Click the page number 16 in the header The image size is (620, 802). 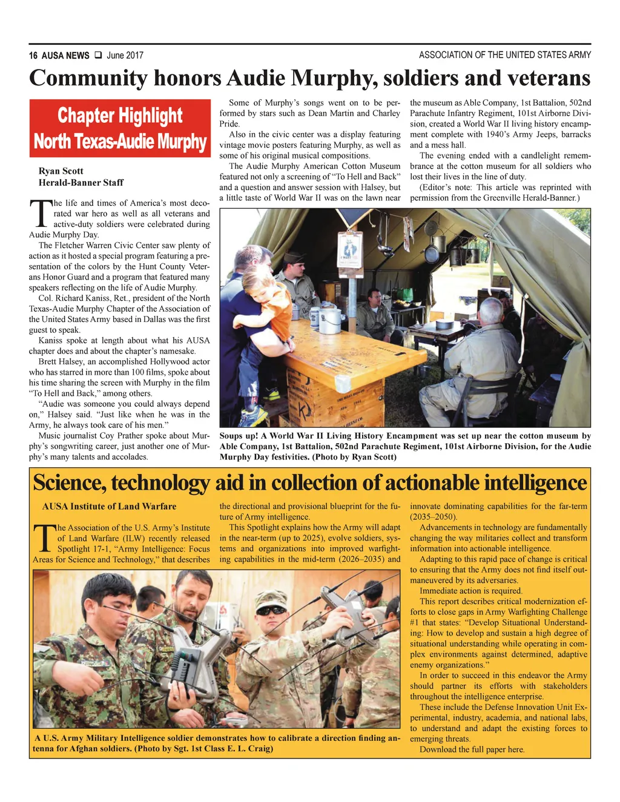pos(33,56)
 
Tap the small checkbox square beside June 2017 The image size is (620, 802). pos(97,56)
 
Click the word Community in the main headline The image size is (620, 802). pos(88,79)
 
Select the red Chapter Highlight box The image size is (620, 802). pos(120,128)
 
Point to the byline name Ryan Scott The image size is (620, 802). pos(61,171)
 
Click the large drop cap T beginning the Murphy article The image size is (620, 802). pos(39,214)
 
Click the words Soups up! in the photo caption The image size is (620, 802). pos(239,436)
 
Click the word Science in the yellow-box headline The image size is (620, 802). pos(68,483)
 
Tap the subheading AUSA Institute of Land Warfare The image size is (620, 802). pos(109,507)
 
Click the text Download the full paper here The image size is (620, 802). pos(472,749)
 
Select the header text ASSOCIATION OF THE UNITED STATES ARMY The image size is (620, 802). pos(504,55)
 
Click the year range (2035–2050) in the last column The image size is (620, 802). pos(434,517)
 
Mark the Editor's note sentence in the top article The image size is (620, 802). pos(500,192)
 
